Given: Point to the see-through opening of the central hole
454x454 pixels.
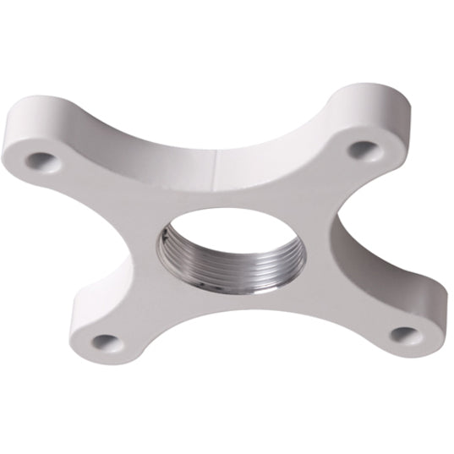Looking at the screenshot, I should coord(222,237).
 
